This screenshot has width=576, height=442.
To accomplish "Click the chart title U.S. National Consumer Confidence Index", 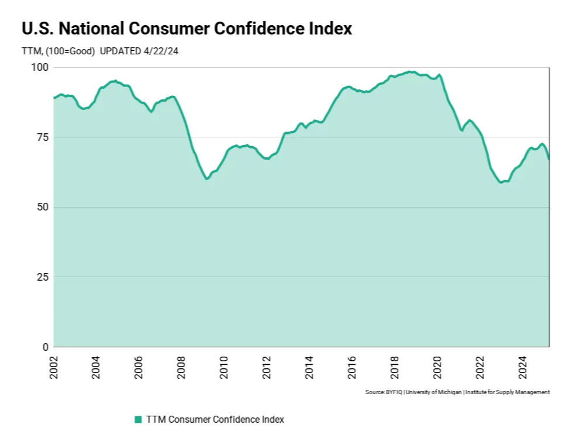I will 187,29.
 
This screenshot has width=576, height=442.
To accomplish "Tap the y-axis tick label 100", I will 39,67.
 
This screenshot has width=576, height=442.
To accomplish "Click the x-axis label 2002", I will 54,366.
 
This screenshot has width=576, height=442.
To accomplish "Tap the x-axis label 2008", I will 181,366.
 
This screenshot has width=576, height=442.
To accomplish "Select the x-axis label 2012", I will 267,366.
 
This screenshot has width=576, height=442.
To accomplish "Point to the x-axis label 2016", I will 352,366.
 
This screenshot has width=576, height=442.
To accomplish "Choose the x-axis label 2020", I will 437,366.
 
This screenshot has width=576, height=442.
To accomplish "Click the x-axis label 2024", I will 523,366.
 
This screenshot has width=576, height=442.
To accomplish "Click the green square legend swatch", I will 138,419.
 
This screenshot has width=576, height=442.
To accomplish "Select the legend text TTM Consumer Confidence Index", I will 215,419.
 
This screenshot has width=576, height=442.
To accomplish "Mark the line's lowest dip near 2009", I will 206,179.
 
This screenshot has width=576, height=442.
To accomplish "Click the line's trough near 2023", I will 501,182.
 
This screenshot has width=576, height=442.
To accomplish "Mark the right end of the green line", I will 549,158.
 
